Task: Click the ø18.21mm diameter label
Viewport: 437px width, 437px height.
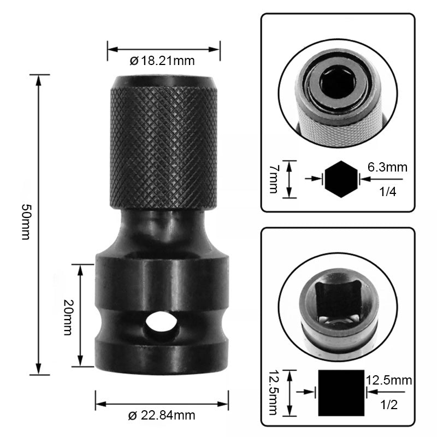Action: (162, 61)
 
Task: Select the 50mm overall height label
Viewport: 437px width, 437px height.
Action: (25, 224)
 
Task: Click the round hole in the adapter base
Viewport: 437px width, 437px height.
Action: (162, 323)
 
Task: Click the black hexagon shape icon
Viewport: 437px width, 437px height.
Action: (341, 178)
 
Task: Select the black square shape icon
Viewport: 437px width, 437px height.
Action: (340, 392)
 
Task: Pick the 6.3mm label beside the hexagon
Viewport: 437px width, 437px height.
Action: (387, 167)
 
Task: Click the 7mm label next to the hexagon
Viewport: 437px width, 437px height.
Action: (274, 179)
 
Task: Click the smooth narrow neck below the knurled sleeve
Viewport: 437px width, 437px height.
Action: (162, 229)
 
